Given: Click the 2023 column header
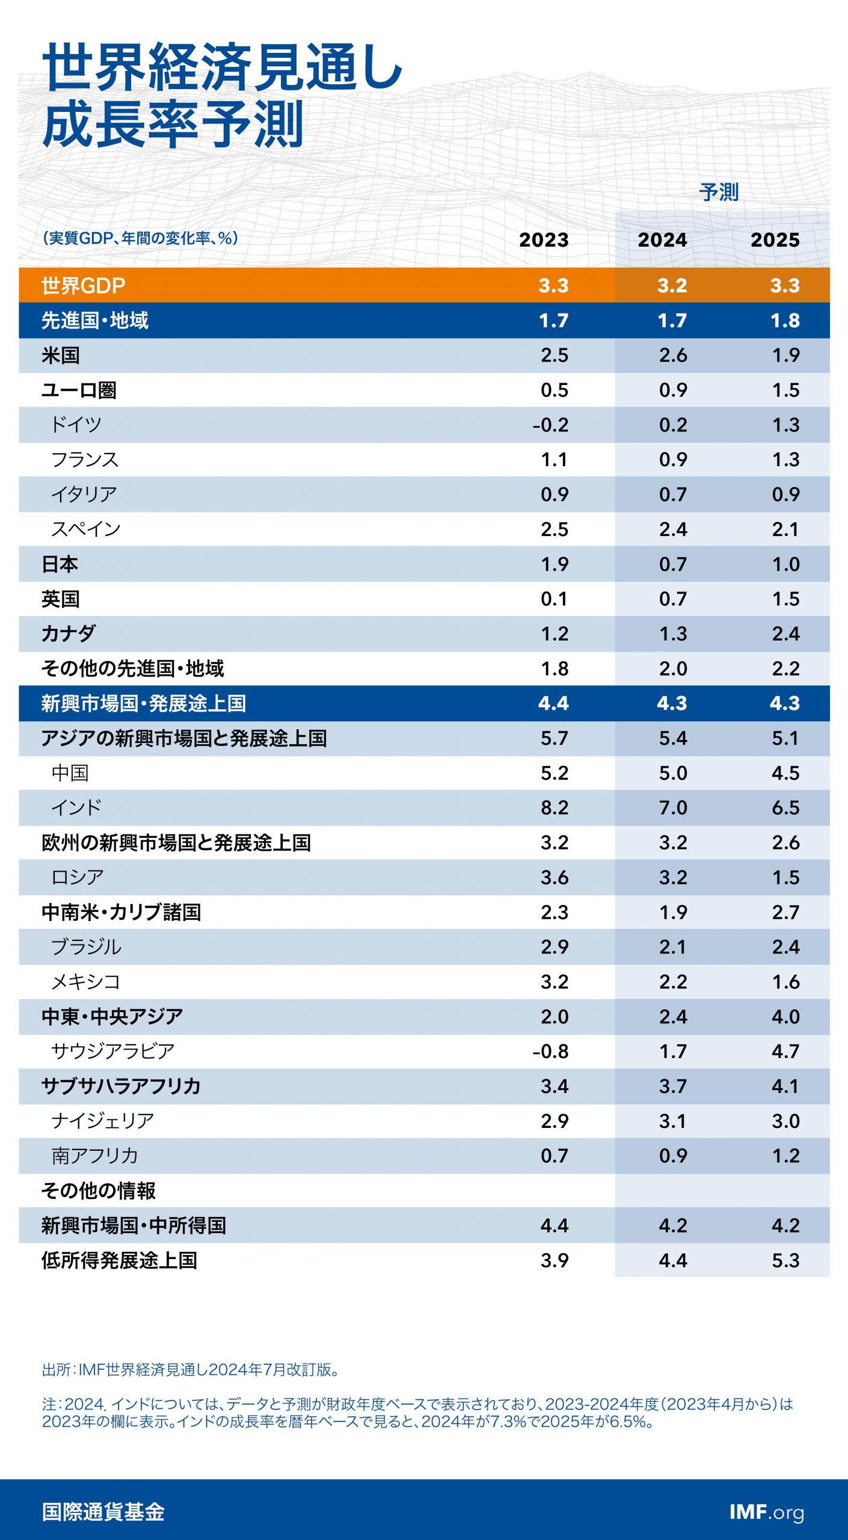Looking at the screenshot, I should tap(544, 239).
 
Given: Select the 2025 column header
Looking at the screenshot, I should tap(775, 239).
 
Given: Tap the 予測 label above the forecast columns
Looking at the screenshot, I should tap(719, 192).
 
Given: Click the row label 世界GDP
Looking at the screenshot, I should tap(83, 286).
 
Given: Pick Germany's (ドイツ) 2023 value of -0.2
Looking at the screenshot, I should tap(550, 425).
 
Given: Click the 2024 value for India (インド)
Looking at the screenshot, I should tap(672, 807).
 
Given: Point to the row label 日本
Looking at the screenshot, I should tap(60, 564).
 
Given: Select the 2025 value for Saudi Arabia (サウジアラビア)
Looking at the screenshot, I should tap(785, 1051).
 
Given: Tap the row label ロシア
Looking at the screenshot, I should tap(77, 877).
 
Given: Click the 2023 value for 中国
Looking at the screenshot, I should tap(554, 773).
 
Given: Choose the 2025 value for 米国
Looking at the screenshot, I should tap(785, 356).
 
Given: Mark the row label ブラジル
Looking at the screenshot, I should tap(86, 947).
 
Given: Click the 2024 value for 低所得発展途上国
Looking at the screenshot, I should tap(672, 1260).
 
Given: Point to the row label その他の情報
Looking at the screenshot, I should tap(98, 1190).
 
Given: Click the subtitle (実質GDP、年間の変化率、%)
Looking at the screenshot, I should tap(140, 238).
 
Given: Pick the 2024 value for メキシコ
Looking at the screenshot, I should tap(672, 982).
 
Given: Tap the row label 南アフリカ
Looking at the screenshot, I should tap(94, 1156).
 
